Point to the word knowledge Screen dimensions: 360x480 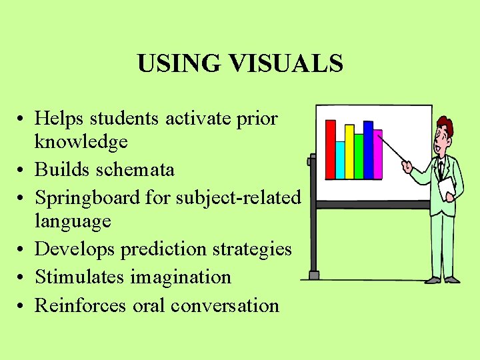tap(81, 142)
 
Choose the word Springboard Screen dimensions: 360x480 tap(87, 198)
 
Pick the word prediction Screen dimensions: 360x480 tap(166, 249)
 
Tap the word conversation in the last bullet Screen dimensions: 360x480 tap(225, 305)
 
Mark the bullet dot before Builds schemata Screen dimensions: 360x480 tap(22, 171)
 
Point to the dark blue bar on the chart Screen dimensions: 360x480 tap(367, 149)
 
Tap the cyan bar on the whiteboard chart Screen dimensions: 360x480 tap(340, 160)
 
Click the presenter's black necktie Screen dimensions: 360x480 tap(440, 169)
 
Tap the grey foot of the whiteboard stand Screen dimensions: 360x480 tap(313, 275)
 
